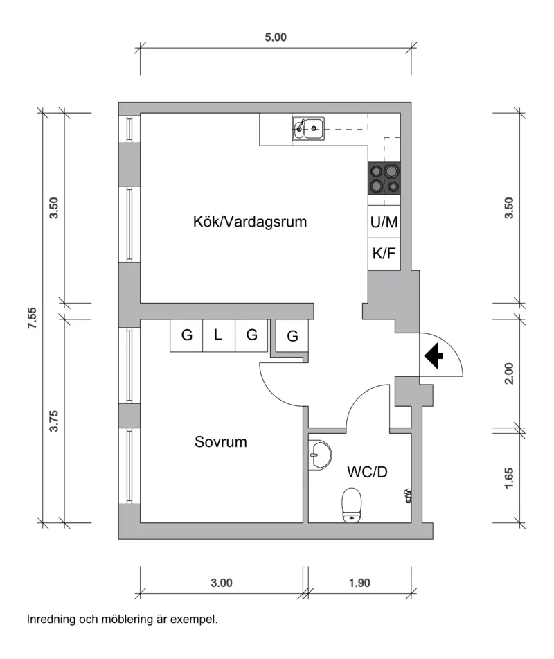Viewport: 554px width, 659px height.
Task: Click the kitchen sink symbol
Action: tap(309, 128)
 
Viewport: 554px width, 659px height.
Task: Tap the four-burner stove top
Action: tap(384, 178)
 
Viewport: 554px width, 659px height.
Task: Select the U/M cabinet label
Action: tap(384, 223)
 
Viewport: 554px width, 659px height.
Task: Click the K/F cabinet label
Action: tap(384, 254)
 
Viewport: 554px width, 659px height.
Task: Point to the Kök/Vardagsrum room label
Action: tap(249, 222)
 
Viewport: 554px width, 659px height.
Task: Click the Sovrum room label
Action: tap(221, 441)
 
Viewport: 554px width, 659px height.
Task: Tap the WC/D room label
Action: tap(367, 473)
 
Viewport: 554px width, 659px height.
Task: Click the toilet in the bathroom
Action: tap(352, 504)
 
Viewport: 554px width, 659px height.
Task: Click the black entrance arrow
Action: tap(434, 356)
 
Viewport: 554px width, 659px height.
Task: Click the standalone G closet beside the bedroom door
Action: tap(292, 337)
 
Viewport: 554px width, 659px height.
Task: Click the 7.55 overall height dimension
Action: tap(32, 318)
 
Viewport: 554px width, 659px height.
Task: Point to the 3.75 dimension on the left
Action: tap(55, 421)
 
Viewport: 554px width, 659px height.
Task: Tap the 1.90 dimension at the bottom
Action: tap(359, 583)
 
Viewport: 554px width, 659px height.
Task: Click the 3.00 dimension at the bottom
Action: tap(222, 583)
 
